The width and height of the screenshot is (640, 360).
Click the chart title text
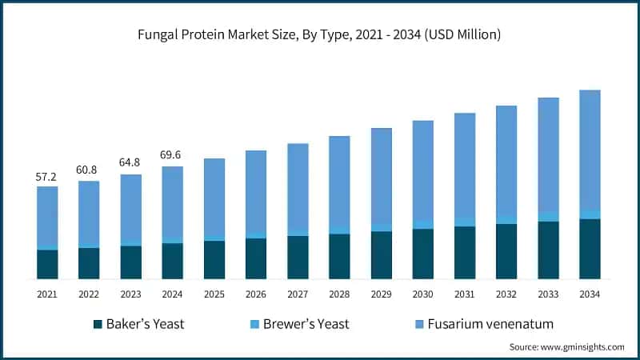click(320, 34)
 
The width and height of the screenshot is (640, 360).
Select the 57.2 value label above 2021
click(47, 176)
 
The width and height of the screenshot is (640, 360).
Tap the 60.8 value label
click(89, 170)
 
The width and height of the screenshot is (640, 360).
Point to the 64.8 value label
click(130, 163)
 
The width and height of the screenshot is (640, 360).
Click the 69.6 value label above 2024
click(172, 156)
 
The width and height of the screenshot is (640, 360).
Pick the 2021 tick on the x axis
click(47, 294)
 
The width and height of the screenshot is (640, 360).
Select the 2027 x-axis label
click(298, 294)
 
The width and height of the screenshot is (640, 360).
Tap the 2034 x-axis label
click(590, 294)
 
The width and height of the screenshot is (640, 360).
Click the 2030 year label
click(422, 294)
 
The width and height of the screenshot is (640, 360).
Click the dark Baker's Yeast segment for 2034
click(590, 249)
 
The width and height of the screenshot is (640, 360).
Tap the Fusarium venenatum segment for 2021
click(47, 216)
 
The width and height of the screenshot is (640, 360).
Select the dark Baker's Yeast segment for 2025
click(214, 260)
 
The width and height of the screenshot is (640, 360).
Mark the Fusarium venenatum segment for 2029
click(381, 176)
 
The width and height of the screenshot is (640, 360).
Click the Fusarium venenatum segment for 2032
click(506, 160)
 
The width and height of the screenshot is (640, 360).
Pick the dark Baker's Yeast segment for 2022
click(89, 263)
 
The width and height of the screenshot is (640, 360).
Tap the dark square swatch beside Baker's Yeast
click(98, 324)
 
